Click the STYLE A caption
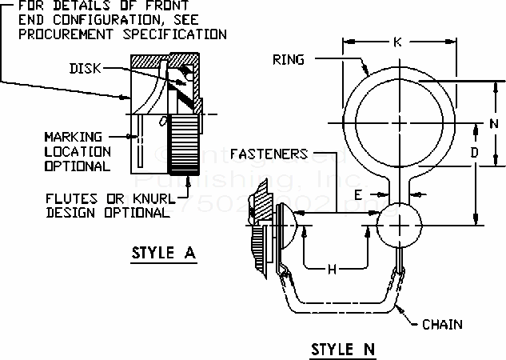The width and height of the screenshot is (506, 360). [163, 255]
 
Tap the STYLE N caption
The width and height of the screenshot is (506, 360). [343, 349]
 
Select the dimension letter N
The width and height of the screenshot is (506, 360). [494, 124]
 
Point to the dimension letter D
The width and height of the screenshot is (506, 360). [474, 152]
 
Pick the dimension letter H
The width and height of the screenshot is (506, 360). [333, 270]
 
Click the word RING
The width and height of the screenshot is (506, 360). [288, 58]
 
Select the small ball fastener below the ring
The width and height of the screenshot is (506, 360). [397, 225]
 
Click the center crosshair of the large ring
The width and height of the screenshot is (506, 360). [399, 122]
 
